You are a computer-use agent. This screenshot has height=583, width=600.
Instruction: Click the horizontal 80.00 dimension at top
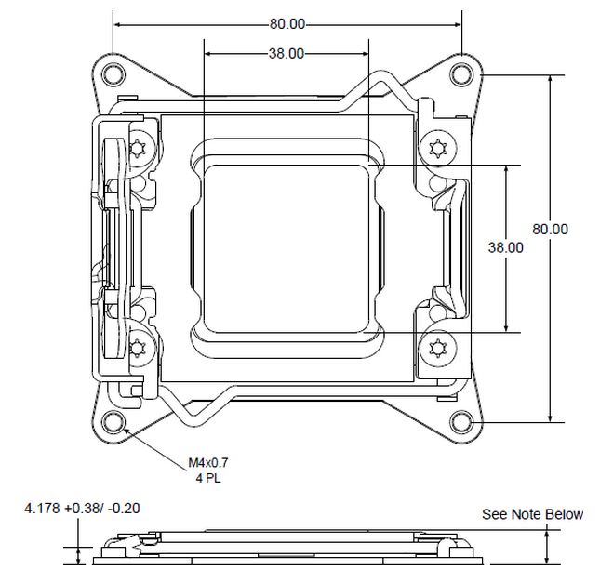[x=287, y=23]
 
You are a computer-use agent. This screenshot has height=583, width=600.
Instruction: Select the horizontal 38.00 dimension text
[x=287, y=54]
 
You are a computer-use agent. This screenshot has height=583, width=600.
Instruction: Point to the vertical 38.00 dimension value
[x=505, y=247]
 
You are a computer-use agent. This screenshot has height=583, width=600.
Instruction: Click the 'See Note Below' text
[x=532, y=514]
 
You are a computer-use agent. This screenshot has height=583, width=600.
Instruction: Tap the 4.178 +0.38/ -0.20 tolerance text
[x=83, y=509]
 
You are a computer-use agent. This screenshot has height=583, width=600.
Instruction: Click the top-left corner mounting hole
[x=112, y=73]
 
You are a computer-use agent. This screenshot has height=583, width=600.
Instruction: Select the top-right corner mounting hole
[x=462, y=73]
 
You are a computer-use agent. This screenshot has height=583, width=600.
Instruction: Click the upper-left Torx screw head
[x=140, y=147]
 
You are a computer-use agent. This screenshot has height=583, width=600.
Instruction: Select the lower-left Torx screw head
[x=140, y=348]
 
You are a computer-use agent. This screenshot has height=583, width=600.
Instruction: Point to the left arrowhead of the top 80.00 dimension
[x=116, y=23]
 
